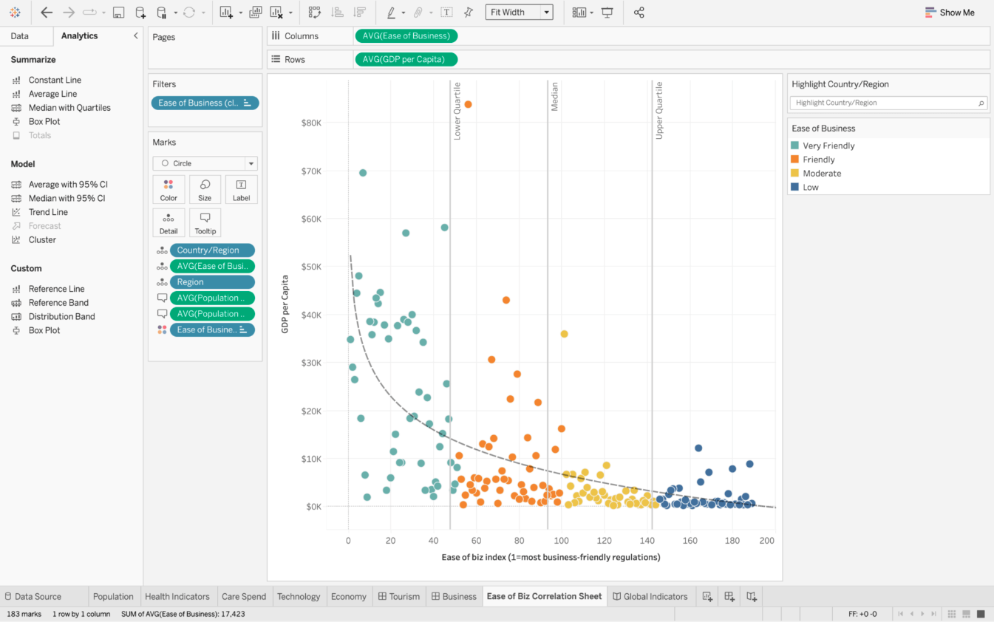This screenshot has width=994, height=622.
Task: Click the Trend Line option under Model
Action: click(x=48, y=212)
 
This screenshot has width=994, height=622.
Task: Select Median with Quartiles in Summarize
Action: click(x=69, y=108)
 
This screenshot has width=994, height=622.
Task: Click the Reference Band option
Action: click(x=58, y=303)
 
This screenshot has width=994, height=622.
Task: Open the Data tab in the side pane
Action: click(x=20, y=36)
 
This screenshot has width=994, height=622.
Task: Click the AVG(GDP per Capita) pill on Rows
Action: click(x=406, y=59)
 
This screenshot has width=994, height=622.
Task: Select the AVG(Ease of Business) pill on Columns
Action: click(x=406, y=35)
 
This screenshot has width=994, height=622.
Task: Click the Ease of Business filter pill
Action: click(x=205, y=103)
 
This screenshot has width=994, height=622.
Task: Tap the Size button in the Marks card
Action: click(x=205, y=190)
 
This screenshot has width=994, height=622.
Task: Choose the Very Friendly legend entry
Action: click(x=828, y=146)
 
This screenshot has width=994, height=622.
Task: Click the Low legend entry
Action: click(x=810, y=188)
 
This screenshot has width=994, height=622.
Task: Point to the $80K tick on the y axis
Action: click(x=311, y=123)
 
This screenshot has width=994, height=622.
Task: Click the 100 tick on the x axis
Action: click(x=561, y=541)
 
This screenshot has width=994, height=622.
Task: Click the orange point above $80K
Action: click(x=468, y=104)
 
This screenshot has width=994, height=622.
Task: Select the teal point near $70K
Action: click(x=363, y=173)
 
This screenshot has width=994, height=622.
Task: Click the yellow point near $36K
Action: click(x=564, y=334)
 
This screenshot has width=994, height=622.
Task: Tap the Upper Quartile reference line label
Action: click(x=659, y=111)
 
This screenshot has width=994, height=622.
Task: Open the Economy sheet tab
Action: click(x=348, y=597)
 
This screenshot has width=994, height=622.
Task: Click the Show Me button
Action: click(x=950, y=13)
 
